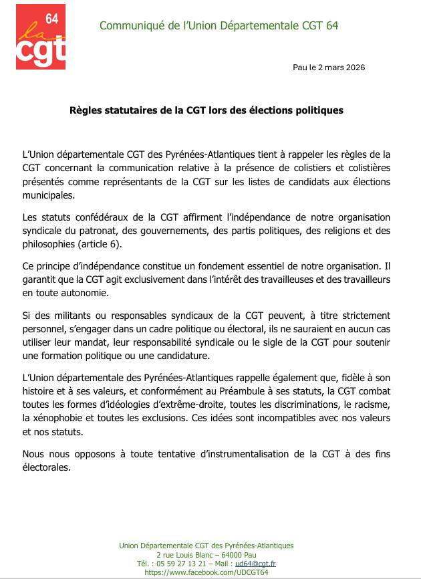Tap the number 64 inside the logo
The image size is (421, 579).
point(52,20)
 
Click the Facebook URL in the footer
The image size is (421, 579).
point(206,572)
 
